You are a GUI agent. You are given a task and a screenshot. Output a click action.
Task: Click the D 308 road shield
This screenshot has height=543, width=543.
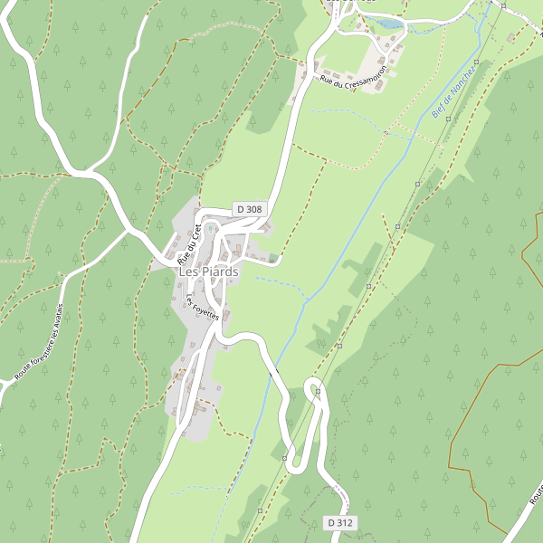point(249,209)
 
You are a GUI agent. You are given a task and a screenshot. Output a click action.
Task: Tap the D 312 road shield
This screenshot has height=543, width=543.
point(340,522)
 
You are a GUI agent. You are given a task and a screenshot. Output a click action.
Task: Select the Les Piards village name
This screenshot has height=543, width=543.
point(208,271)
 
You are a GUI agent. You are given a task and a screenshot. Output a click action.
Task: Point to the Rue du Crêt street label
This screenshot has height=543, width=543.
point(188,243)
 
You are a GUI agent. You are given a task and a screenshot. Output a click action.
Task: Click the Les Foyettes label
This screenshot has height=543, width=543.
point(204,308)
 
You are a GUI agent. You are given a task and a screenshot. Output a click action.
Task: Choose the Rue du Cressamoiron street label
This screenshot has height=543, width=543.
point(353,69)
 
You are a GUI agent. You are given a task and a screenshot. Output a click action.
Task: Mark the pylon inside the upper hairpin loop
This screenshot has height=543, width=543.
point(316,390)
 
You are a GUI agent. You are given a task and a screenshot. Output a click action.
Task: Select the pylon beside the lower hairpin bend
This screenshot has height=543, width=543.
point(284,458)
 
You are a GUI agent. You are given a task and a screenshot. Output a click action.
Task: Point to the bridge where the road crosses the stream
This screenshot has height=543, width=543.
point(271,372)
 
